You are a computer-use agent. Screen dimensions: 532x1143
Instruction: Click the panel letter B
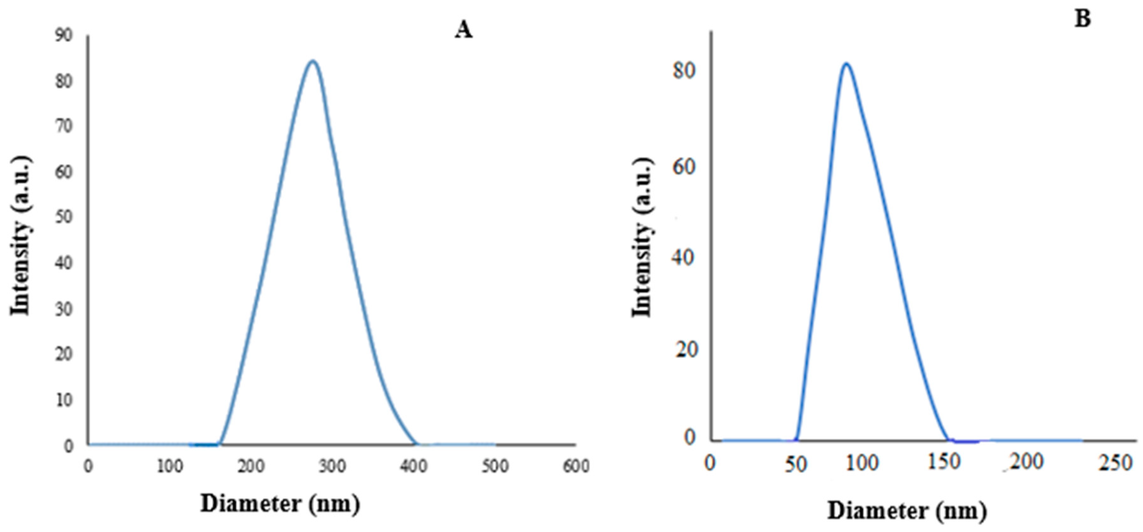[x=1083, y=19]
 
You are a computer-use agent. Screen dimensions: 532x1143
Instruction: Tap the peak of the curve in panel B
[x=846, y=64]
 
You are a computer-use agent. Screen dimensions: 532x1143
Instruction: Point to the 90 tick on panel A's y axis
[x=64, y=35]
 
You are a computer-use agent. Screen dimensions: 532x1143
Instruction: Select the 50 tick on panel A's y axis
[x=64, y=217]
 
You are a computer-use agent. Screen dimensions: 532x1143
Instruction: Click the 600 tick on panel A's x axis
[x=576, y=466]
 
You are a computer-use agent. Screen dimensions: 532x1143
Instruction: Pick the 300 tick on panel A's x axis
[x=332, y=466]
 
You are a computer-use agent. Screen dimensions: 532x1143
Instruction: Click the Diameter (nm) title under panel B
[x=907, y=511]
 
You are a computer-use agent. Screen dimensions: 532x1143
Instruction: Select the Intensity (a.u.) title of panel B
[x=642, y=237]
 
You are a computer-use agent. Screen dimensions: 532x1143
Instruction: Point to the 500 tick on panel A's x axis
[x=495, y=466]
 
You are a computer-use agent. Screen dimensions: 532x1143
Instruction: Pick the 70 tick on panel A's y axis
[x=64, y=126]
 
